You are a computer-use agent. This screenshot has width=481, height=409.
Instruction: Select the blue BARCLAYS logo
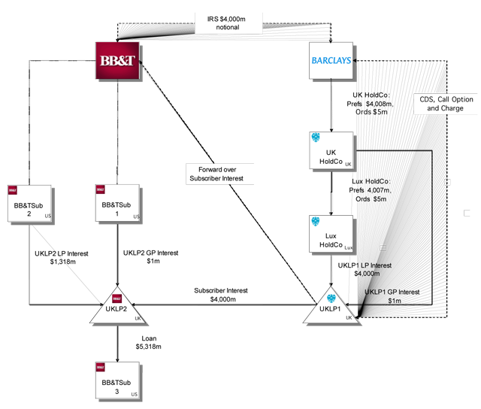[331, 60]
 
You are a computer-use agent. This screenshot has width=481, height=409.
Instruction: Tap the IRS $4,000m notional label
[228, 23]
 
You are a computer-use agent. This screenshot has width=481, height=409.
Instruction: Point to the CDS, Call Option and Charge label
[445, 103]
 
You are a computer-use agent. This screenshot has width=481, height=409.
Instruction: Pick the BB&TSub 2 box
[31, 203]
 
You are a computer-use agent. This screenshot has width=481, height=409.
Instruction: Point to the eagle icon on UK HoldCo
[316, 138]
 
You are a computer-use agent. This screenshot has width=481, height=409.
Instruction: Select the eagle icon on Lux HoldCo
[316, 222]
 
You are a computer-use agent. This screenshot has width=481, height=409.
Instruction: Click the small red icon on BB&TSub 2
[12, 189]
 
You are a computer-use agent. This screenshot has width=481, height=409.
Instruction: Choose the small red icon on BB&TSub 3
[100, 367]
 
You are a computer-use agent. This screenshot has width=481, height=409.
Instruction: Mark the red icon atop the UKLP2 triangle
[117, 293]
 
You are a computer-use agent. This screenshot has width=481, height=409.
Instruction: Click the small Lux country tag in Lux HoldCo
[349, 247]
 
